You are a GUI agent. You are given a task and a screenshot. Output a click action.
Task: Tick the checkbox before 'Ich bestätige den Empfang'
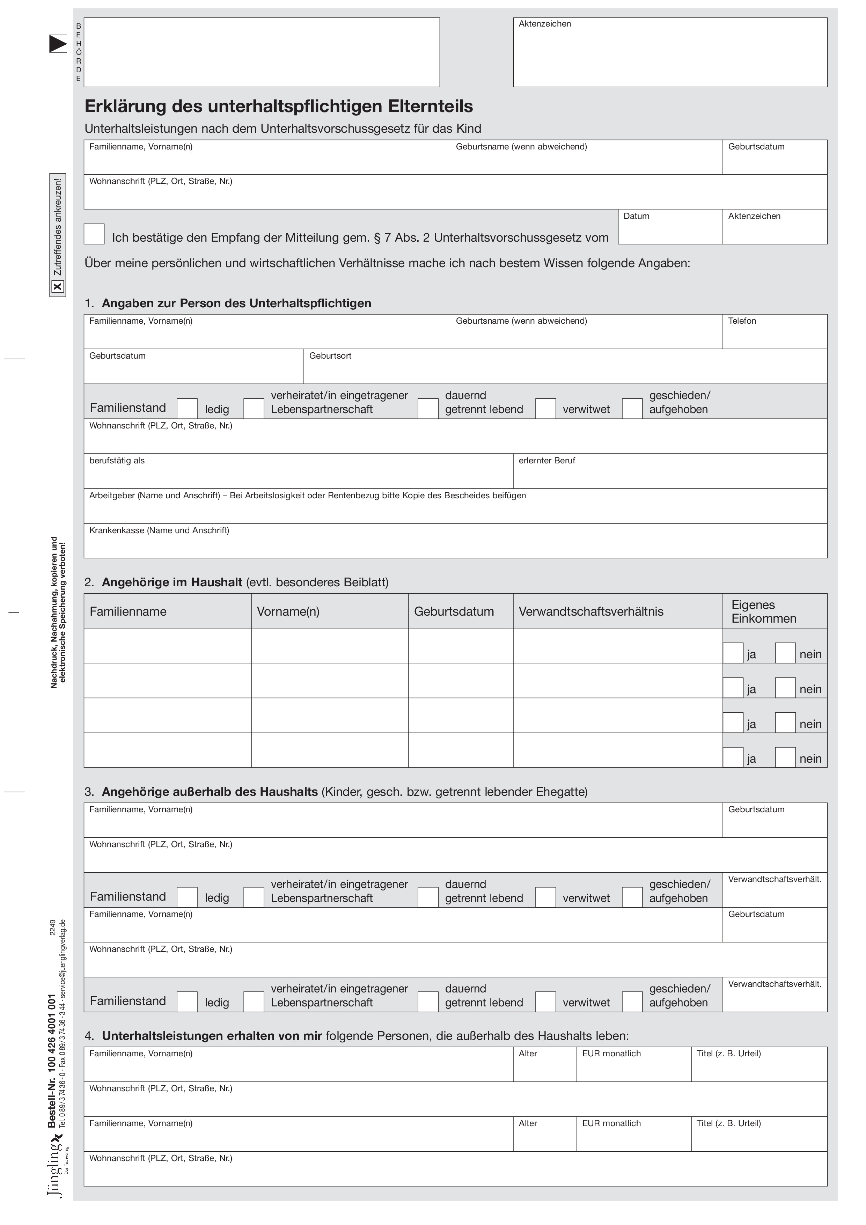[x=94, y=234]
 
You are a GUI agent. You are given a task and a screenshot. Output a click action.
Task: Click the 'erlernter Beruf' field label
[x=546, y=461]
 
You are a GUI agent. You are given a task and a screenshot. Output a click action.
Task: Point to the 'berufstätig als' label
[x=117, y=461]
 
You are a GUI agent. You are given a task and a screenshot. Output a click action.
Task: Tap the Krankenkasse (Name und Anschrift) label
[x=159, y=530]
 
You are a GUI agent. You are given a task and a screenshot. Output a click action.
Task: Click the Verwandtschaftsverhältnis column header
[x=591, y=611]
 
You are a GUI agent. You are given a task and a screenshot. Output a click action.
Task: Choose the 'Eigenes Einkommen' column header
[x=764, y=611]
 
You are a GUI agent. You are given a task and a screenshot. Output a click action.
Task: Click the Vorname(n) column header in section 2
[x=288, y=611]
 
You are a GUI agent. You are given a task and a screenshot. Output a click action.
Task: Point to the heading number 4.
[x=89, y=1036]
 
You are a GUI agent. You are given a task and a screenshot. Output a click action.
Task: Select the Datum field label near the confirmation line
[x=636, y=216]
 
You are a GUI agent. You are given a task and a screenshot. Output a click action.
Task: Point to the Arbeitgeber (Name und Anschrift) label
[x=307, y=496]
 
